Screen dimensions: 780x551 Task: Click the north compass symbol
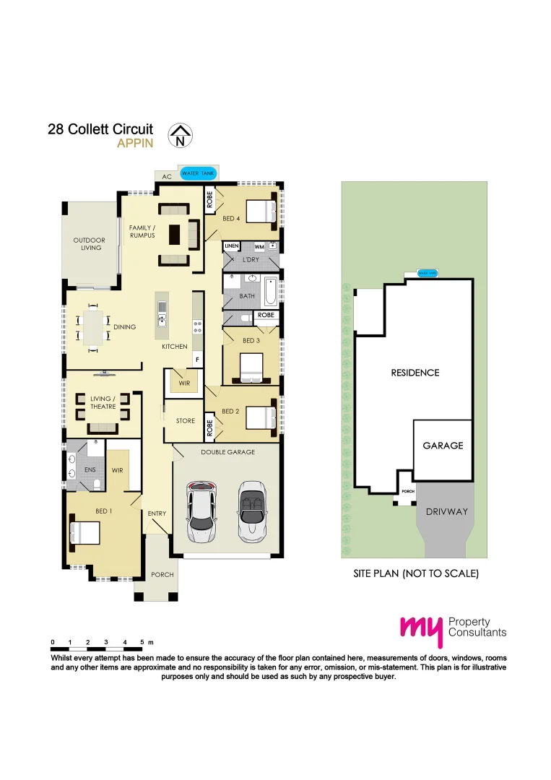coord(179,135)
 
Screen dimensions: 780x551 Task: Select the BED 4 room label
coord(232,218)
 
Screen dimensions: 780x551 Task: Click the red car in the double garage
coord(201,511)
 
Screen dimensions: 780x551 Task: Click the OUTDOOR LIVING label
coord(89,244)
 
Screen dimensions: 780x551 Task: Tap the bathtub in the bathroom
coord(271,292)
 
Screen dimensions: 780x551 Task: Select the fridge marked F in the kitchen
coord(196,359)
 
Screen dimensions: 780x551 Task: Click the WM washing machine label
coord(259,247)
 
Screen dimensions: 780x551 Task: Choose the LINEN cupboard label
coord(231,246)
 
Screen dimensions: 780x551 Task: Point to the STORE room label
coord(186,421)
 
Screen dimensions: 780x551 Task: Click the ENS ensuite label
coord(90,470)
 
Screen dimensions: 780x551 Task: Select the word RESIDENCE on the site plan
coord(415,373)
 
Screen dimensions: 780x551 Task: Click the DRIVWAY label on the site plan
coord(446,511)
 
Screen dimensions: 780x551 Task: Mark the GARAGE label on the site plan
coord(443,446)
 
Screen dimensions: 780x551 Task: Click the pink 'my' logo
coord(420,630)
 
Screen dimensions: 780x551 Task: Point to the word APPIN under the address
coord(135,143)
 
